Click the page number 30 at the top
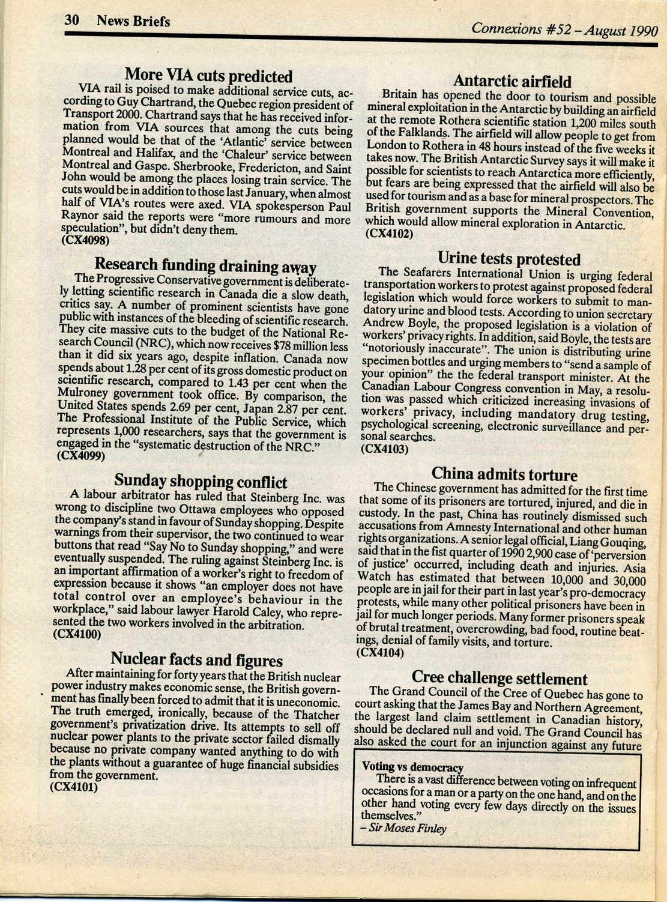[72, 20]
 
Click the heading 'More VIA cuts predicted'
[208, 76]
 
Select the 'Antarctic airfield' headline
[512, 81]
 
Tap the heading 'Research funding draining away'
[205, 265]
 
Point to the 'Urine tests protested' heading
[509, 259]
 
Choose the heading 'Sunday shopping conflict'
[201, 481]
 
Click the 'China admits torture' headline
[504, 474]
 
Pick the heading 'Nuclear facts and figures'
[197, 660]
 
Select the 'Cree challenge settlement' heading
[499, 679]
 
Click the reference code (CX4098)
[85, 241]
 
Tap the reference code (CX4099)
[81, 456]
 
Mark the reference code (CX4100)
[77, 634]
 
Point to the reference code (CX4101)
[74, 787]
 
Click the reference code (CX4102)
[389, 235]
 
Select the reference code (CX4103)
[385, 448]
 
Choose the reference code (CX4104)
[381, 652]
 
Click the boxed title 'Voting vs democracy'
[412, 767]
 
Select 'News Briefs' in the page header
[133, 22]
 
